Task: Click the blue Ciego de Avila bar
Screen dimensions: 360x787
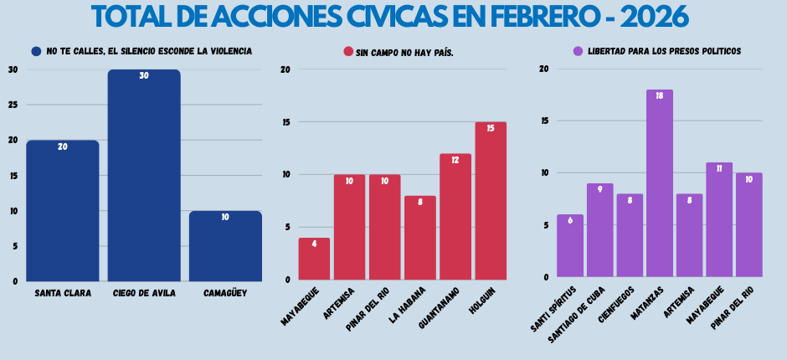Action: point(144,176)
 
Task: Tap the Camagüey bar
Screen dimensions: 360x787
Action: point(225,246)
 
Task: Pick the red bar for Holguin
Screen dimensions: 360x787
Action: point(491,201)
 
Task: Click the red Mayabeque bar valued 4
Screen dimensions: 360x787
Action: point(314,259)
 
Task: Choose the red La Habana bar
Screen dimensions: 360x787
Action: point(420,238)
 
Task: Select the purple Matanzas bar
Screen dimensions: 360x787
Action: point(660,183)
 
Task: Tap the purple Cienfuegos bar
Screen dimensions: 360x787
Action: point(630,235)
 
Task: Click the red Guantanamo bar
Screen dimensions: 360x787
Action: point(455,217)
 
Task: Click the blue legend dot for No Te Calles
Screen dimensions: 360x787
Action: point(36,51)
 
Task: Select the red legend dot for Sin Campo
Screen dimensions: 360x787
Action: point(348,52)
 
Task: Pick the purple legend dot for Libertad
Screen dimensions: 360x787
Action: point(578,51)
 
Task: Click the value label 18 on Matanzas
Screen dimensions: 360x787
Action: point(660,96)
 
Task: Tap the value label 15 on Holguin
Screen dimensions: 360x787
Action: point(491,128)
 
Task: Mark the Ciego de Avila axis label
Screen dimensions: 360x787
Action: point(143,294)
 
